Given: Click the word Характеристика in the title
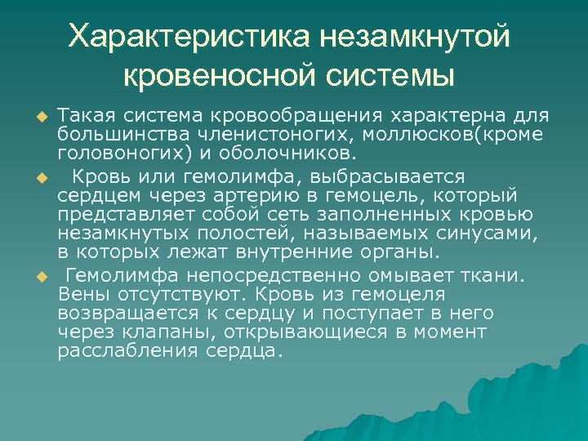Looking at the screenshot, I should (x=187, y=35).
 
